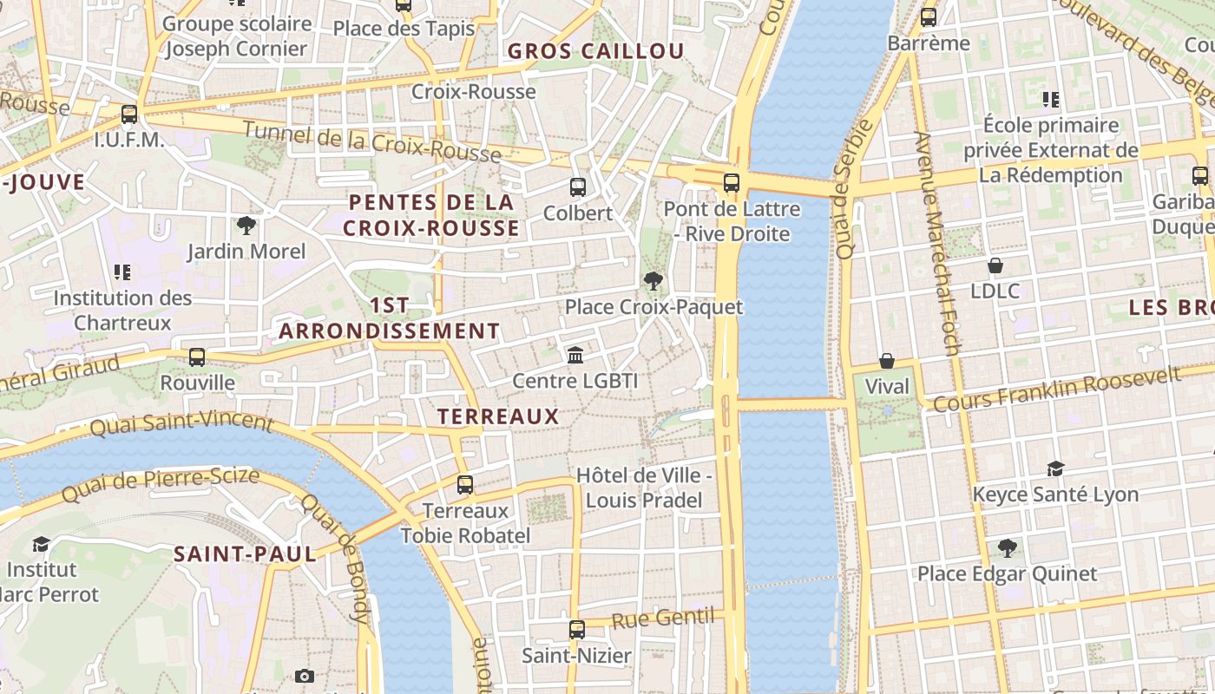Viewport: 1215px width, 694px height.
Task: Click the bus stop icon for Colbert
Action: point(577,187)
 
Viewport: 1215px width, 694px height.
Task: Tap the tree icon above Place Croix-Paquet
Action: point(653,280)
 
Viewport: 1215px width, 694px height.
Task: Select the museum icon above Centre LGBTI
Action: point(575,355)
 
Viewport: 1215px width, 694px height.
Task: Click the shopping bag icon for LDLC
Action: point(995,265)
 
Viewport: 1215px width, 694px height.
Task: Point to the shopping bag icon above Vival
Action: point(887,360)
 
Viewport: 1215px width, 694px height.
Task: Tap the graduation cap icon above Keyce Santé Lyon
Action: point(1055,468)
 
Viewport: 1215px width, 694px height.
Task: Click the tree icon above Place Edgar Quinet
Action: point(1007,547)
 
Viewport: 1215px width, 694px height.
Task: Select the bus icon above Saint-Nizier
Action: point(577,630)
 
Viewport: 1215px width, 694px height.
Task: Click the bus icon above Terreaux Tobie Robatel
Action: point(465,485)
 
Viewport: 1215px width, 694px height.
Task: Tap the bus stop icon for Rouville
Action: point(197,357)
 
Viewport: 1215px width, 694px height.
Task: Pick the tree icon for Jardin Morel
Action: point(246,226)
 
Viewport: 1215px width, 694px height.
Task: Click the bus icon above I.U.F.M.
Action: point(129,114)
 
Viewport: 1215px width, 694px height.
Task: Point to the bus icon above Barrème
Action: point(929,16)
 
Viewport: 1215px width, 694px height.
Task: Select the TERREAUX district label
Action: point(498,416)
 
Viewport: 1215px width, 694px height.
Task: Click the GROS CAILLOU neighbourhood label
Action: point(595,51)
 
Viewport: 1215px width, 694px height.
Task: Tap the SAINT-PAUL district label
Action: point(245,553)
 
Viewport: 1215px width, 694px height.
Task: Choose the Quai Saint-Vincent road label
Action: point(181,424)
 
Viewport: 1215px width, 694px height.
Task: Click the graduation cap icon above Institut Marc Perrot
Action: point(41,544)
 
